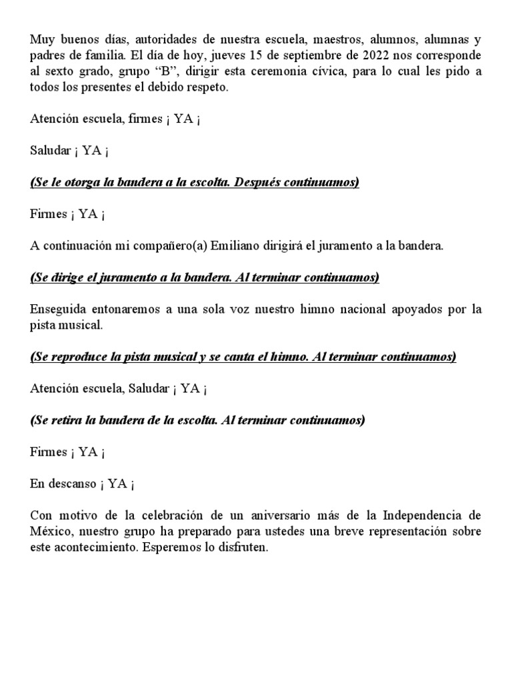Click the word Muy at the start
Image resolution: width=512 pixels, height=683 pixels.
pos(40,39)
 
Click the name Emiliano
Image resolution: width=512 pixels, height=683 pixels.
pos(235,246)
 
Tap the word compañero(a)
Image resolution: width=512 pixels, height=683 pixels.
pos(163,246)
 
